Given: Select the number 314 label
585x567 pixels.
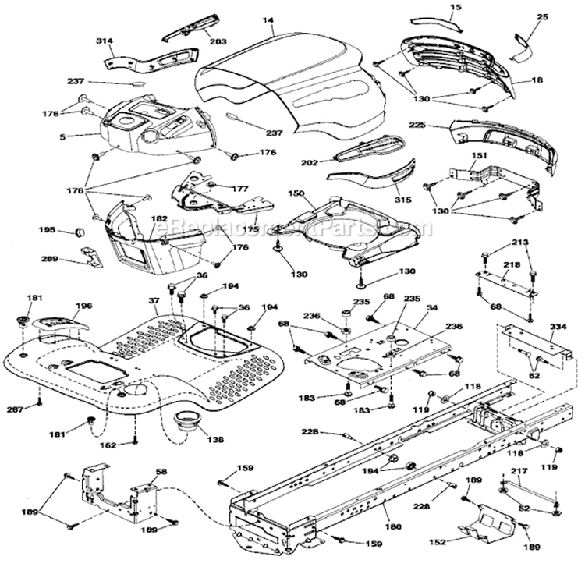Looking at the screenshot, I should click(x=105, y=41).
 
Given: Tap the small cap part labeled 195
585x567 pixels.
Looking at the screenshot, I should click(x=79, y=232).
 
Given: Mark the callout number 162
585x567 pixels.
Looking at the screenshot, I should click(x=107, y=445).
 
